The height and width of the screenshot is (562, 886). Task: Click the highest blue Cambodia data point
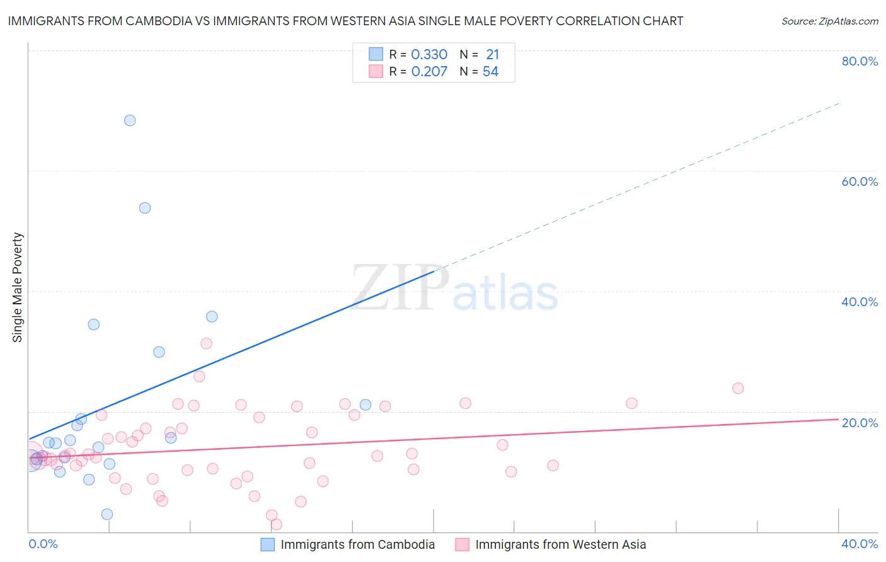[130, 120]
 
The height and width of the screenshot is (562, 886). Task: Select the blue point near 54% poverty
[145, 208]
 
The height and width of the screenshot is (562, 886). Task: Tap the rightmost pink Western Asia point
[738, 388]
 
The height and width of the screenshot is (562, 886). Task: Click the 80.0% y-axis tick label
[860, 61]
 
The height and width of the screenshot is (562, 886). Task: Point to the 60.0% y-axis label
[860, 181]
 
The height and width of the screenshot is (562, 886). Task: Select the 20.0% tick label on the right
[860, 423]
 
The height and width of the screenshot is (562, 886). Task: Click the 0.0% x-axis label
[43, 544]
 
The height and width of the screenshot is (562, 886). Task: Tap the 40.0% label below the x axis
[860, 544]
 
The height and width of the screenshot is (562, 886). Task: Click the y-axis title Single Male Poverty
[18, 287]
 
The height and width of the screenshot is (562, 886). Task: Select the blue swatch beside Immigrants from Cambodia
[268, 544]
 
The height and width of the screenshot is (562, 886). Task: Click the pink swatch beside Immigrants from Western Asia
[463, 544]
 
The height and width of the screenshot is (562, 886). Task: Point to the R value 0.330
[429, 55]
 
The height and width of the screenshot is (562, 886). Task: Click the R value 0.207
[429, 72]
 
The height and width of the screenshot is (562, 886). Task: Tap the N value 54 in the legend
[490, 72]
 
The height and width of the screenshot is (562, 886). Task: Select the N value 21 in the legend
[492, 55]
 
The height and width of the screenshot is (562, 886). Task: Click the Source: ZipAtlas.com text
[829, 21]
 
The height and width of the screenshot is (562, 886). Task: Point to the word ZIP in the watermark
[400, 289]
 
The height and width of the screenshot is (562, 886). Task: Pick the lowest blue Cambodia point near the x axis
[107, 514]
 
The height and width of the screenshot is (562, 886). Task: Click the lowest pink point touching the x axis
[276, 524]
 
